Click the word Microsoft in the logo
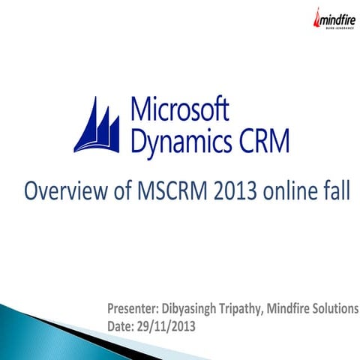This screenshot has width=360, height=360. pos(180,109)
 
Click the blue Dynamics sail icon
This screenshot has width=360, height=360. pos(97,126)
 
